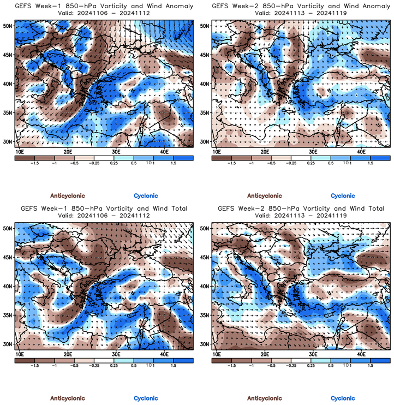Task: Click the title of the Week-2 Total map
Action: tap(301, 209)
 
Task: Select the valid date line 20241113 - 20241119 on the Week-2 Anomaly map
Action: tap(301, 14)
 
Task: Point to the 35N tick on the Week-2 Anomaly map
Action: tap(205, 113)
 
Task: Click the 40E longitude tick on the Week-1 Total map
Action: tap(165, 354)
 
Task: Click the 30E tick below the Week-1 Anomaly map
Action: tap(116, 151)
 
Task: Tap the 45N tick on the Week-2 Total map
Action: tap(205, 257)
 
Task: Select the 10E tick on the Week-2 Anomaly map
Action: tap(216, 151)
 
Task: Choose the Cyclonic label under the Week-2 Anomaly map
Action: tap(343, 195)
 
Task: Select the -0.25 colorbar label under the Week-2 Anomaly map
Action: tap(291, 163)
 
